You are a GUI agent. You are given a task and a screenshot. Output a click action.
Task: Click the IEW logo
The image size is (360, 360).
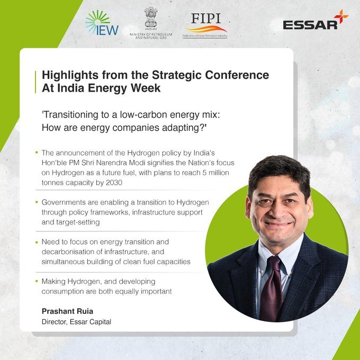102,23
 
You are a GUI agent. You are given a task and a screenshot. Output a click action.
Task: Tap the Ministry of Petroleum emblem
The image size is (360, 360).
151,17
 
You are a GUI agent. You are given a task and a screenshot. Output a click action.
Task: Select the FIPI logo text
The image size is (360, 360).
206,19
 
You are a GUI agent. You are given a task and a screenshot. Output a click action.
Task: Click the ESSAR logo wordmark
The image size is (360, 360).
310,25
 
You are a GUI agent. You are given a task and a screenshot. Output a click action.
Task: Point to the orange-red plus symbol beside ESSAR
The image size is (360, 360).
341,16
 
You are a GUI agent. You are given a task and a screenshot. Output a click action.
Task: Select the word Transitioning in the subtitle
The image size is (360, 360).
71,115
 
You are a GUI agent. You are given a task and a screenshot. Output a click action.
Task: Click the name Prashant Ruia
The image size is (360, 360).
68,311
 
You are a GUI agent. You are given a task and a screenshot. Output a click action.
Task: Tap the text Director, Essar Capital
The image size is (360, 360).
76,322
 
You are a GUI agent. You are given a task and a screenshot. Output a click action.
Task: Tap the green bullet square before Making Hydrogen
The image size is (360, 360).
37,281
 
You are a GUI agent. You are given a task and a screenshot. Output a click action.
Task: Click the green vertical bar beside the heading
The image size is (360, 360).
35,82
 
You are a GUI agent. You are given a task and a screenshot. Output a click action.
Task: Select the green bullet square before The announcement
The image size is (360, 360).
37,152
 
